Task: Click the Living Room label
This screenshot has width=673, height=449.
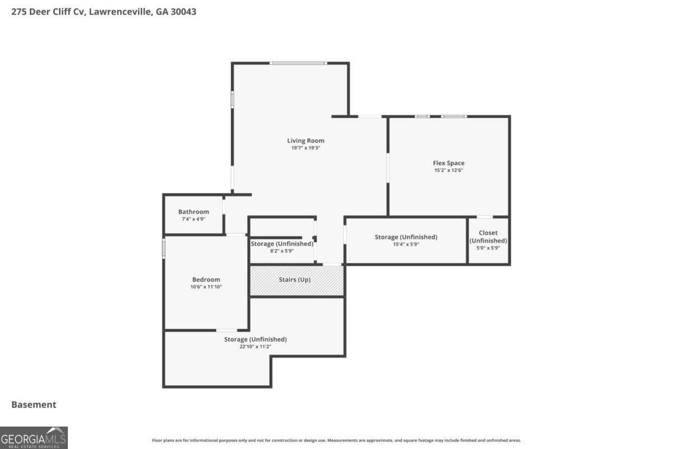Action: [306, 141]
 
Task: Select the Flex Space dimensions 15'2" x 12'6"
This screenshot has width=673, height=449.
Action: [448, 170]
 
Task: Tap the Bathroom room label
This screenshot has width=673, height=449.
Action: [193, 212]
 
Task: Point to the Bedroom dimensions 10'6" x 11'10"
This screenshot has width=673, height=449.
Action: [206, 287]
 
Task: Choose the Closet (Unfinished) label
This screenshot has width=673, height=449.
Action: [488, 236]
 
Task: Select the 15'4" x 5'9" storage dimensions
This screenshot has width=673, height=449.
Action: [405, 244]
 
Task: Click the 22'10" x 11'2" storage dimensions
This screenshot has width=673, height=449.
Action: [255, 346]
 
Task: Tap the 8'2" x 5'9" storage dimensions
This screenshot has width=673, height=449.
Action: [282, 251]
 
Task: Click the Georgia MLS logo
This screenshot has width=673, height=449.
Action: [34, 437]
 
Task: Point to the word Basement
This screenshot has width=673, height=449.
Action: [34, 405]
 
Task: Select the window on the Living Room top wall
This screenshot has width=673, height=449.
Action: [298, 63]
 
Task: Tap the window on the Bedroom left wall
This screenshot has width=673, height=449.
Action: [164, 248]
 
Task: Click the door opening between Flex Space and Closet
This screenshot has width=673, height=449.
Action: [485, 217]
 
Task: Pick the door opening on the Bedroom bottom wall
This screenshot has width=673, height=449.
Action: [227, 330]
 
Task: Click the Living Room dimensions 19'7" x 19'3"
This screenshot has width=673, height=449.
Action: [306, 148]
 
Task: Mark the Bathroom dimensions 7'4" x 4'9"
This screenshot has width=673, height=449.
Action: [193, 219]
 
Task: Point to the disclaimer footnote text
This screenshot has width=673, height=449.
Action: [336, 441]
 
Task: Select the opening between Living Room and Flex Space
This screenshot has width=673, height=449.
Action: [388, 167]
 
